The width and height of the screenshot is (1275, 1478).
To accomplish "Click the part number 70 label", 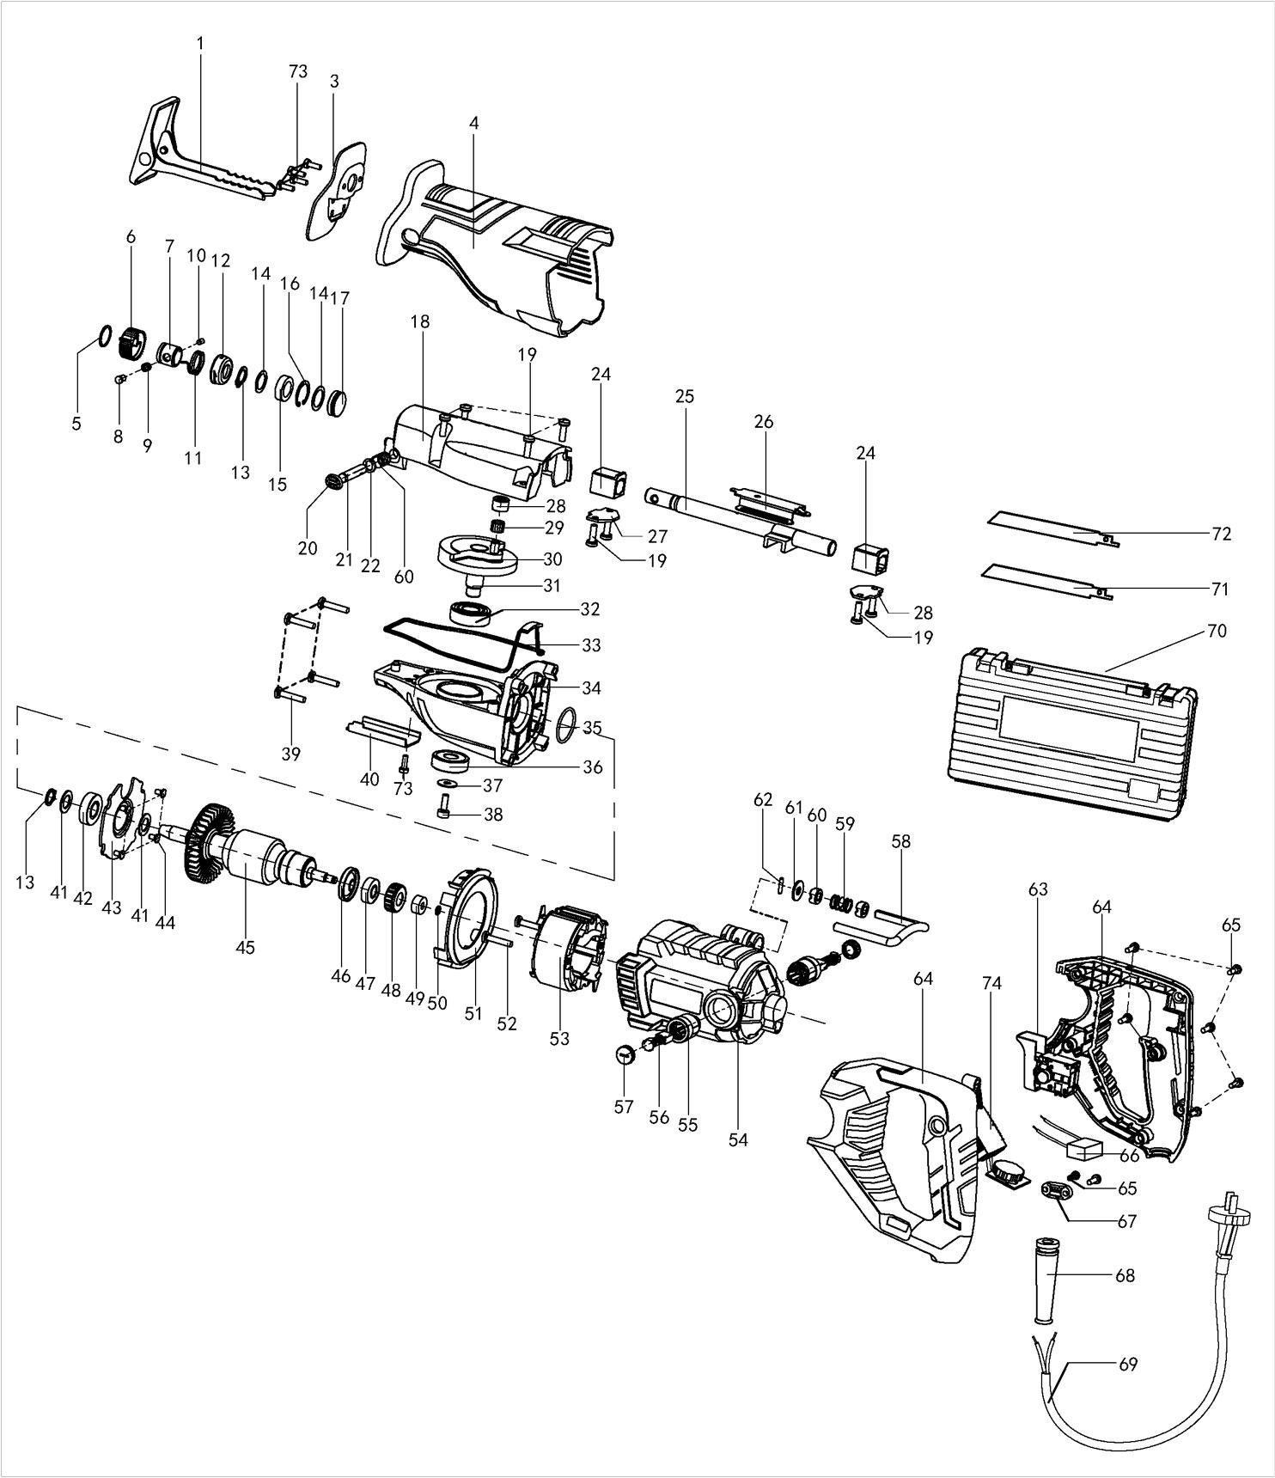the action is coord(1217,632).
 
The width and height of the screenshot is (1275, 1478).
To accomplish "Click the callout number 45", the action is coord(245,947).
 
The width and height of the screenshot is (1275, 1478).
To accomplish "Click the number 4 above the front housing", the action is coord(473,124).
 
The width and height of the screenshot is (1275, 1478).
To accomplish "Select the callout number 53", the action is coord(559,1039).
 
